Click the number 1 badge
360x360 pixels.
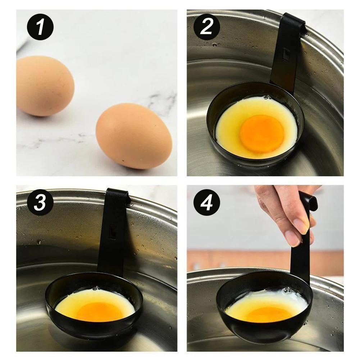coord(40,27)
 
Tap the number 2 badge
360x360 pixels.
coord(207,27)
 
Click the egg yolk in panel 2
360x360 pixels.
coord(262,133)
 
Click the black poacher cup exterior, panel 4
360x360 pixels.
coord(266,333)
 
